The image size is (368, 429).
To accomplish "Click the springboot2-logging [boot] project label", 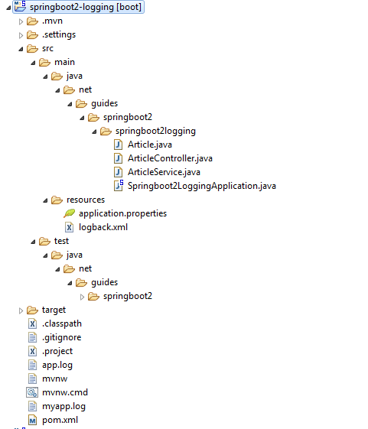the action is click(86, 7).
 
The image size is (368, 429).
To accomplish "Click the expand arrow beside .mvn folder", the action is click(21, 21).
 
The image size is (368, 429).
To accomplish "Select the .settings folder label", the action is click(59, 34).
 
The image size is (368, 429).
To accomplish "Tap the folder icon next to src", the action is click(32, 49).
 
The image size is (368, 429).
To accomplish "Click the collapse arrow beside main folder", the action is click(33, 63).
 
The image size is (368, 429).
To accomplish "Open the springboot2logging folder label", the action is click(155, 131).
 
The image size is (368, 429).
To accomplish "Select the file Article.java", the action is click(150, 145).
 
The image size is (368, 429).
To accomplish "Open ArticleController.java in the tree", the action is click(170, 158).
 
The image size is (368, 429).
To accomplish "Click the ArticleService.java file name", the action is click(164, 172).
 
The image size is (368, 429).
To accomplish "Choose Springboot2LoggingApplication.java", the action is click(202, 186).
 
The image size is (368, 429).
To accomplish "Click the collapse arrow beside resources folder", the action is click(45, 200).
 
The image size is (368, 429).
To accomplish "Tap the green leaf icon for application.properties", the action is click(70, 213).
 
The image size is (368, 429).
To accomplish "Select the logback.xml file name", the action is click(103, 227).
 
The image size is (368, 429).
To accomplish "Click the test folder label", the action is click(61, 241).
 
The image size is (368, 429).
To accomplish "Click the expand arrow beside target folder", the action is click(21, 310).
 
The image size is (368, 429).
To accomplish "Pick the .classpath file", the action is click(62, 323).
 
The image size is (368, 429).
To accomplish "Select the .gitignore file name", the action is click(62, 337).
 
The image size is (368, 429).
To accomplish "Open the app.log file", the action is click(57, 365).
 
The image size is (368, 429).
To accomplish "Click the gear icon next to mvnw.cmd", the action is click(32, 392).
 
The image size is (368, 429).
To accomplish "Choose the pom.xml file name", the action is click(60, 420).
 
